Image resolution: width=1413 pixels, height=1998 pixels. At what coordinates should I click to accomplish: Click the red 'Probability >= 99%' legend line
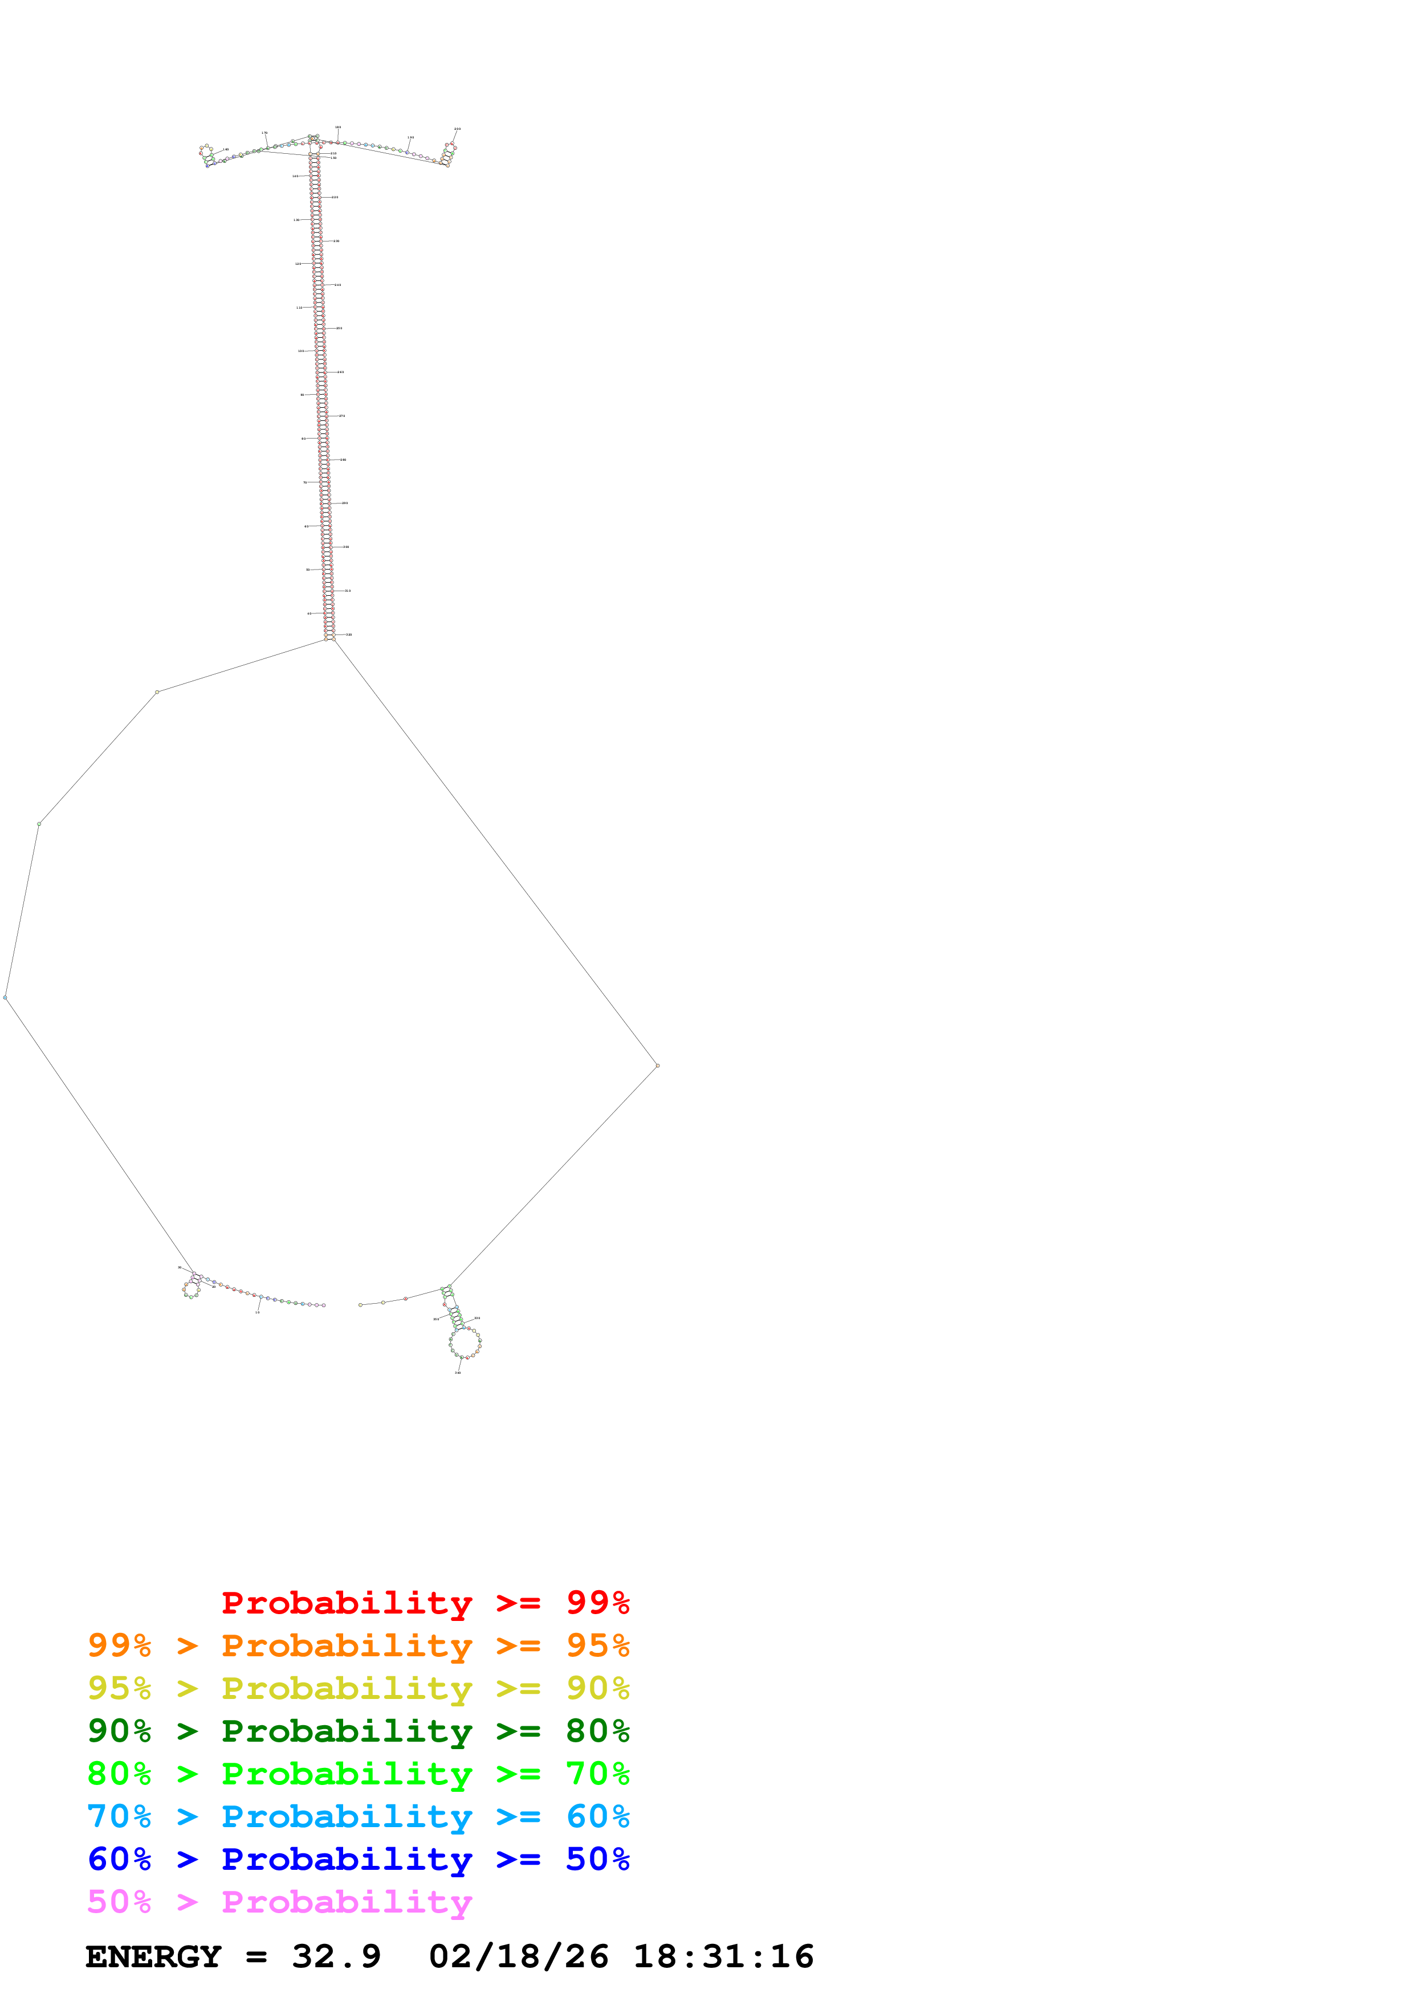[425, 1603]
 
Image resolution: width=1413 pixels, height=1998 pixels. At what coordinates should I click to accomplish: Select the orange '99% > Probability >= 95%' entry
[358, 1645]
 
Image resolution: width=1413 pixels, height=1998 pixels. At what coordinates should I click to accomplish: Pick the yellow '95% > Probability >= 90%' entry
[358, 1688]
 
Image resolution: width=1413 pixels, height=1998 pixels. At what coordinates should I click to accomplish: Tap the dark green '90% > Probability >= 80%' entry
[358, 1731]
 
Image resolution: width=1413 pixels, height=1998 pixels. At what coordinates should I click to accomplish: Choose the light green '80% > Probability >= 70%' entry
[358, 1774]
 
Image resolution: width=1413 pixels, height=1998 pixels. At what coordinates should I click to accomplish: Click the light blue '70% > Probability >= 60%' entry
[358, 1816]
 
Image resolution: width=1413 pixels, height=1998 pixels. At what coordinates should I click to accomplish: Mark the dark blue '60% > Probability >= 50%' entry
[358, 1859]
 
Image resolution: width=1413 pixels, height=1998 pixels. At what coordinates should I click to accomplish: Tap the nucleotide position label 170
[264, 133]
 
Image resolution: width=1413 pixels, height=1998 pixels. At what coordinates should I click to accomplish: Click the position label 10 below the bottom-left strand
[257, 1312]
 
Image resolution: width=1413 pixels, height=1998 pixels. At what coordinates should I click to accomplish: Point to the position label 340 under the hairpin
[458, 1372]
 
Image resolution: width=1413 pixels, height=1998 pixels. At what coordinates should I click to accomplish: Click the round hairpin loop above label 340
[465, 1343]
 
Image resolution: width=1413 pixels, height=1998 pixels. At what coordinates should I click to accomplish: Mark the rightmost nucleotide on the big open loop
[657, 1065]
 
